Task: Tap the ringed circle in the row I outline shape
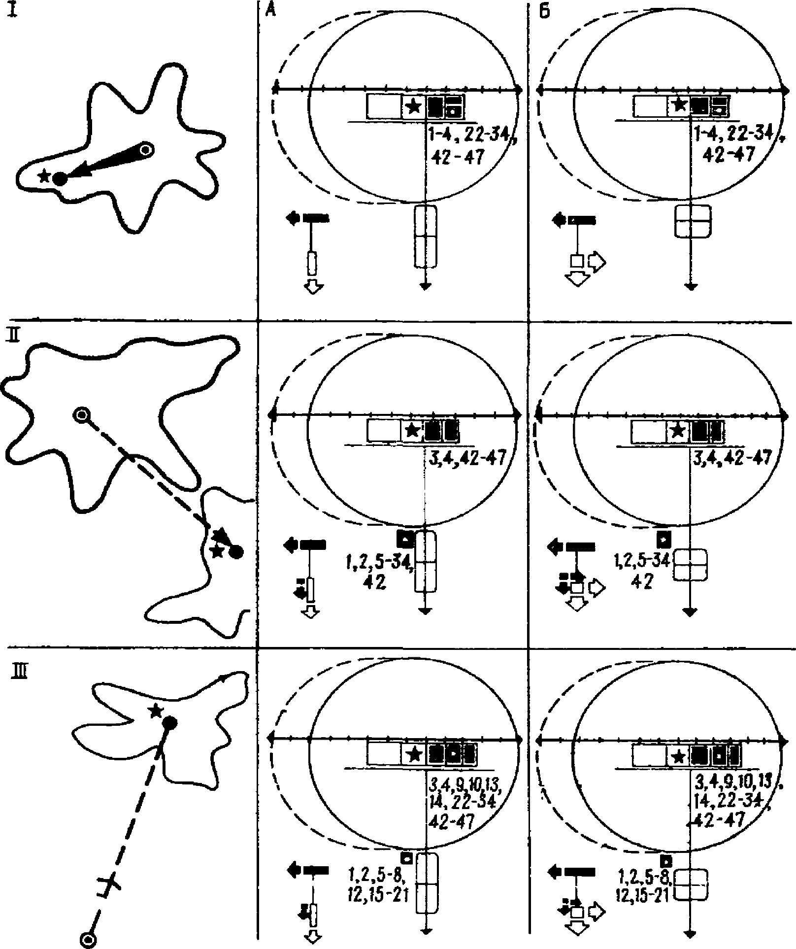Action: coord(146,149)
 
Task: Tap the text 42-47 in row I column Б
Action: coord(725,154)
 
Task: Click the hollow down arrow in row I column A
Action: coord(312,286)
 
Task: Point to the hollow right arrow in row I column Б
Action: coord(597,261)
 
